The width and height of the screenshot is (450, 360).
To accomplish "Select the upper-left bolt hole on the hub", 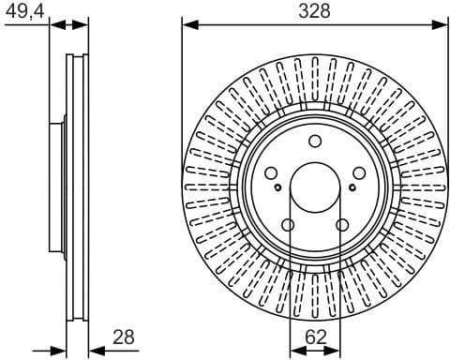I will tap(272, 174).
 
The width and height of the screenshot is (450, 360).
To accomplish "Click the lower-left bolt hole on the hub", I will tap(289, 225).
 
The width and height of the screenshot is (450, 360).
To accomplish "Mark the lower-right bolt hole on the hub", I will tap(342, 225).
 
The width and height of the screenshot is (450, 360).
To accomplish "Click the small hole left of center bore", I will tap(278, 187).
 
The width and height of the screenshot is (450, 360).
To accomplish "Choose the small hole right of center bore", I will tap(352, 187).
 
